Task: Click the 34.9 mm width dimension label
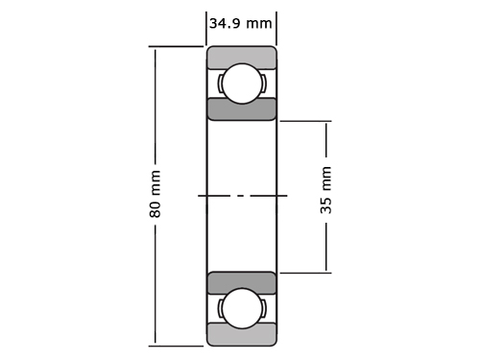(241, 24)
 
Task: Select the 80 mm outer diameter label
(156, 194)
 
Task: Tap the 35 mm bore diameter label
(326, 190)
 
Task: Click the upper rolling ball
(242, 84)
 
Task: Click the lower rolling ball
(242, 308)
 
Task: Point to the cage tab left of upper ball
(220, 84)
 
